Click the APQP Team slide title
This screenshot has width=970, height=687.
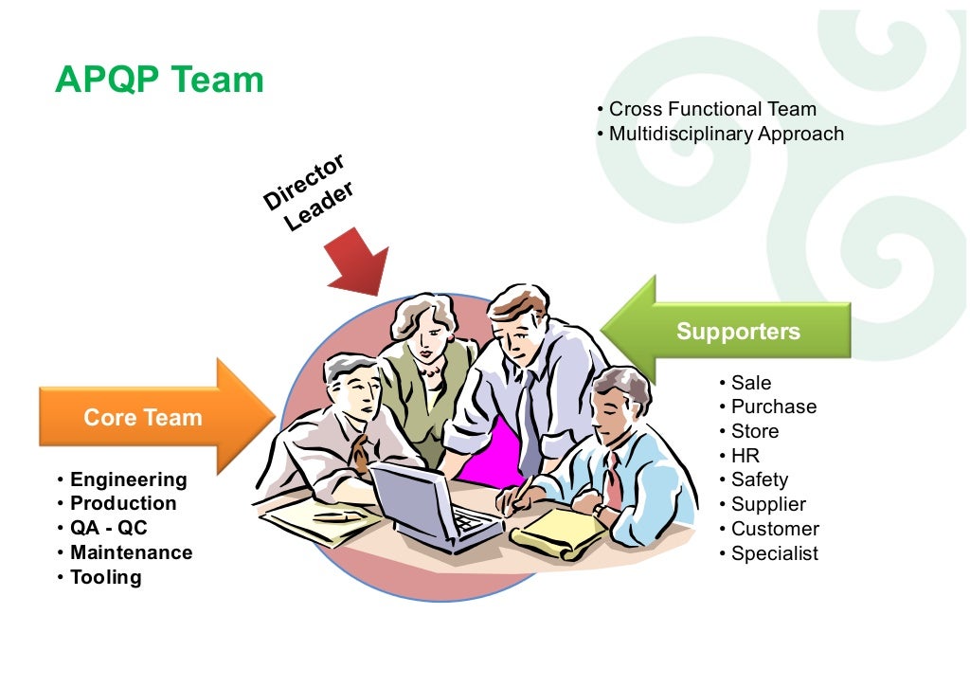pyautogui.click(x=159, y=80)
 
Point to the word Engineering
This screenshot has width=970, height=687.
pyautogui.click(x=128, y=479)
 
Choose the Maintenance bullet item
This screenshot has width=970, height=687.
pyautogui.click(x=131, y=552)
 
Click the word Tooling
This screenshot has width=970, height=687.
pyautogui.click(x=105, y=577)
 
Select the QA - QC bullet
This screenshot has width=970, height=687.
pyautogui.click(x=108, y=528)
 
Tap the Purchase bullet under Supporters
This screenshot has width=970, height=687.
pyautogui.click(x=773, y=407)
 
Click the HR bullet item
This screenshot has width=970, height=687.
pyautogui.click(x=745, y=456)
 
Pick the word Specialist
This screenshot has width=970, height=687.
pyautogui.click(x=774, y=553)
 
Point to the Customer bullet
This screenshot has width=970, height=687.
pyautogui.click(x=774, y=529)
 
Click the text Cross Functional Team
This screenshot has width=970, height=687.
pyautogui.click(x=712, y=110)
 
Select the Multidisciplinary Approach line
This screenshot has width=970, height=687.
pyautogui.click(x=726, y=134)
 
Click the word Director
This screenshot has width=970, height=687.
pyautogui.click(x=304, y=181)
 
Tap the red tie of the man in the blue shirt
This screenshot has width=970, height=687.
pyautogui.click(x=614, y=479)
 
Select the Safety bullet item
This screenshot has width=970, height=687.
pyautogui.click(x=759, y=479)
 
